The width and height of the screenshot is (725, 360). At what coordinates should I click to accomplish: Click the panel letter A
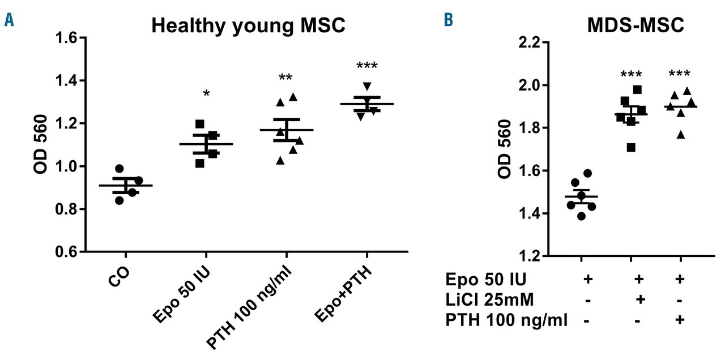[9, 22]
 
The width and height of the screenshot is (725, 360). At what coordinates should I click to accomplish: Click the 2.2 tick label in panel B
[534, 42]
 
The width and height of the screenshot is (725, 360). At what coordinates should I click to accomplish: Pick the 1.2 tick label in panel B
[534, 256]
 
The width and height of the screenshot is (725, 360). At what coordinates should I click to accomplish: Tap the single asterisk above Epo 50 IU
[206, 93]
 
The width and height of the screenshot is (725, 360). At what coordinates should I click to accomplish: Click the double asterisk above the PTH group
[287, 78]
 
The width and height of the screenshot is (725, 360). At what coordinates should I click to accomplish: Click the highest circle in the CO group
[119, 168]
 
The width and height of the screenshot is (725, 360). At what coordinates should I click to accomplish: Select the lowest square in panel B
[630, 148]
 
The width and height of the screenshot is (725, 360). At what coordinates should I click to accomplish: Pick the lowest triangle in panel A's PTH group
[280, 160]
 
